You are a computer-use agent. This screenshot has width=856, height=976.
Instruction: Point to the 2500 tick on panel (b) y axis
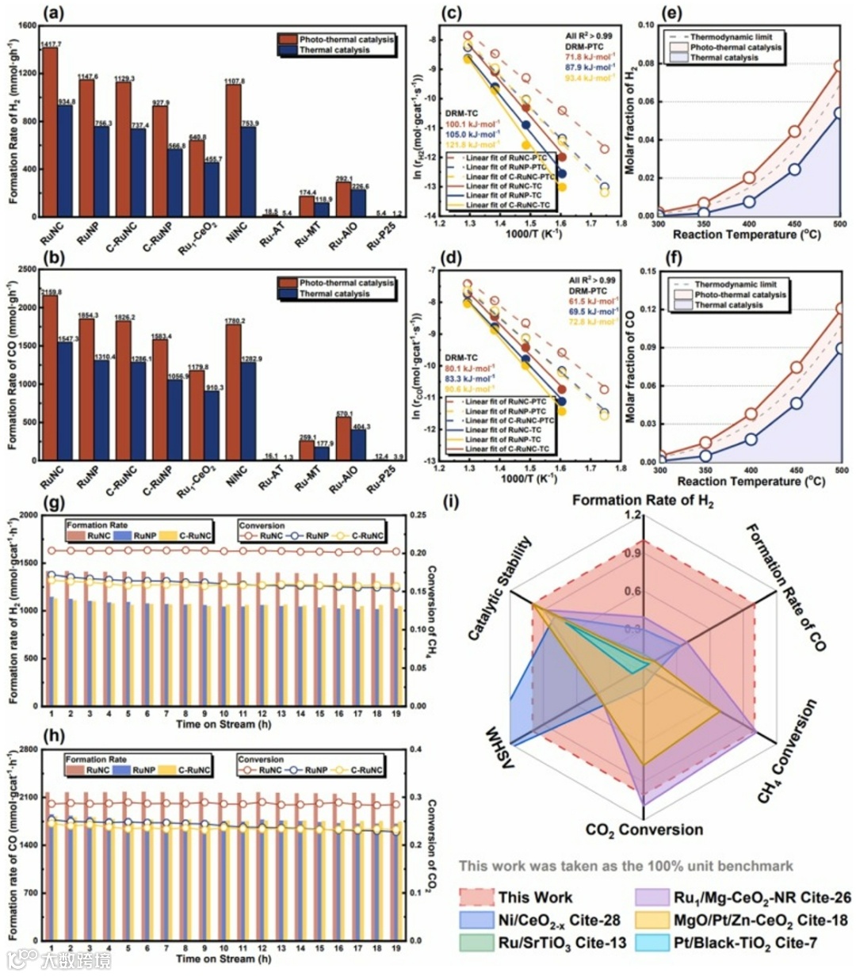pyautogui.click(x=26, y=270)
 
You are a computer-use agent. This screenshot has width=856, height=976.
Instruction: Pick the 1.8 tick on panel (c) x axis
pyautogui.click(x=621, y=223)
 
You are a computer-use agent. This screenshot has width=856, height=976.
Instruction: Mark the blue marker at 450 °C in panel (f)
pyautogui.click(x=795, y=403)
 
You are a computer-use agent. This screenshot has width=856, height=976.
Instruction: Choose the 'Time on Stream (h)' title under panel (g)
pyautogui.click(x=216, y=724)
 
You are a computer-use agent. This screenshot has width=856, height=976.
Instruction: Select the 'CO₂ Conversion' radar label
pyautogui.click(x=644, y=830)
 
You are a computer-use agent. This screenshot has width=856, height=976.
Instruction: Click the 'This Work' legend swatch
pyautogui.click(x=476, y=898)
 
